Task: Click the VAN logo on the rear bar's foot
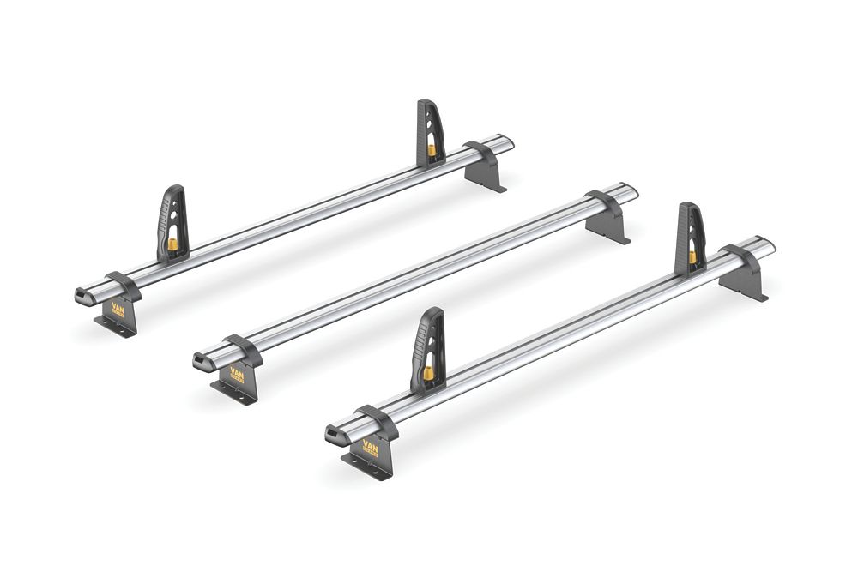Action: click(x=118, y=310)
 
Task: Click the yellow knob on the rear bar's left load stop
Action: click(x=172, y=245)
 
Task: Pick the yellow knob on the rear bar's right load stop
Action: click(x=432, y=150)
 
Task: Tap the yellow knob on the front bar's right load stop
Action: click(x=692, y=256)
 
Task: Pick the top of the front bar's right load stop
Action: click(x=688, y=206)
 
